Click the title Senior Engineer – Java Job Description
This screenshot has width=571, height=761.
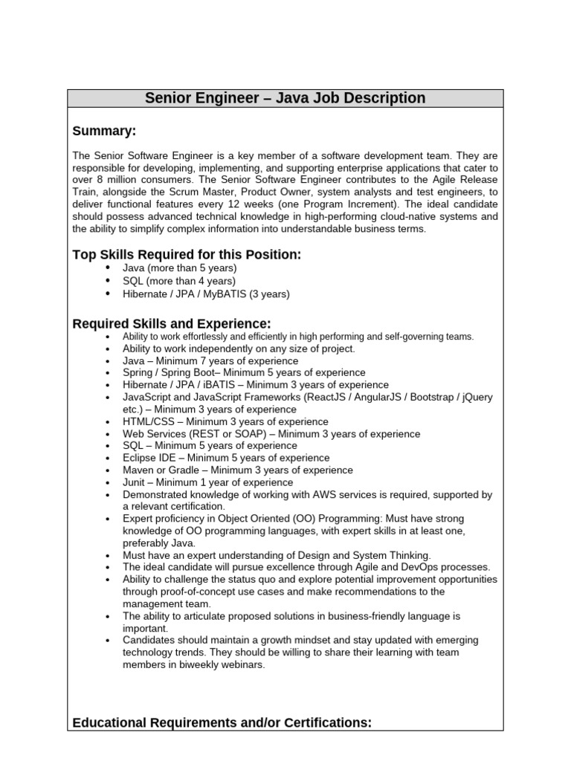[285, 98]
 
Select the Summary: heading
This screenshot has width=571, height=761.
[104, 131]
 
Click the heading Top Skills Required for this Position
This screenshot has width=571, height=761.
[187, 255]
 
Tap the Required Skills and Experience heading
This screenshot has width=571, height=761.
[172, 323]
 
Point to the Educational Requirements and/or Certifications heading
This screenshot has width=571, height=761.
[222, 722]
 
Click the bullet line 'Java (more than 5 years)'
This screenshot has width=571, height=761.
[179, 268]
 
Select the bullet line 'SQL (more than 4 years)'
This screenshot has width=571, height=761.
[178, 281]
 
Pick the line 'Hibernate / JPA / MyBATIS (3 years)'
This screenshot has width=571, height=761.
[206, 294]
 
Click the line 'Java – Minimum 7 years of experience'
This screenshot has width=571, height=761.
[210, 360]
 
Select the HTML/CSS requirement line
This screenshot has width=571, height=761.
[215, 421]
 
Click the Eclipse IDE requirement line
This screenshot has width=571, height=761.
[226, 458]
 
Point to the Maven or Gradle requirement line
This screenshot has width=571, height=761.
[238, 470]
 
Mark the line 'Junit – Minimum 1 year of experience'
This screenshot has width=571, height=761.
[207, 482]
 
